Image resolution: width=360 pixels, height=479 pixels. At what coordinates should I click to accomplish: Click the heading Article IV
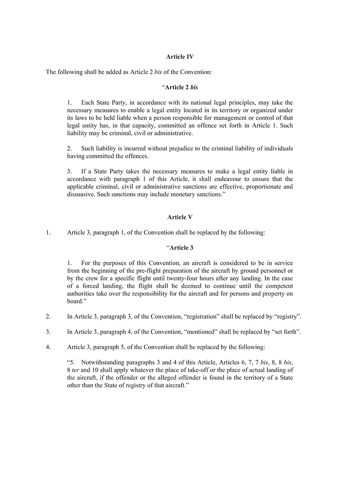tap(180, 57)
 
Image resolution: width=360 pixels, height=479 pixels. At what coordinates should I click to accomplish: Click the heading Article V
tap(180, 217)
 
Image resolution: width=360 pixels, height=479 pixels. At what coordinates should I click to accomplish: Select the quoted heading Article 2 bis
tap(181, 87)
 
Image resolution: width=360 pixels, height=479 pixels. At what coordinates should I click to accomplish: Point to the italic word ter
tap(75, 370)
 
